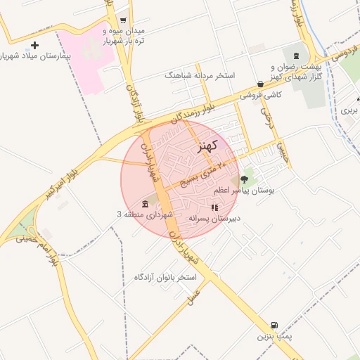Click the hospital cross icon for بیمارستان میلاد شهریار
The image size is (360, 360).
(34, 46)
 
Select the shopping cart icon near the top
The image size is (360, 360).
(124, 20)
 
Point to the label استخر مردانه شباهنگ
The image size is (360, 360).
(200, 75)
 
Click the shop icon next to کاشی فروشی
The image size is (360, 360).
(260, 84)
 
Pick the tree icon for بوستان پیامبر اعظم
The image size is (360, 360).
(245, 180)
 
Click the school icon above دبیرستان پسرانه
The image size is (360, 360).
(214, 207)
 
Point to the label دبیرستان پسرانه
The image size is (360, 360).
(214, 218)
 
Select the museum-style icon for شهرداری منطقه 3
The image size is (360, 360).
(145, 204)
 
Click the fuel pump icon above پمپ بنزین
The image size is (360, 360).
(274, 326)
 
